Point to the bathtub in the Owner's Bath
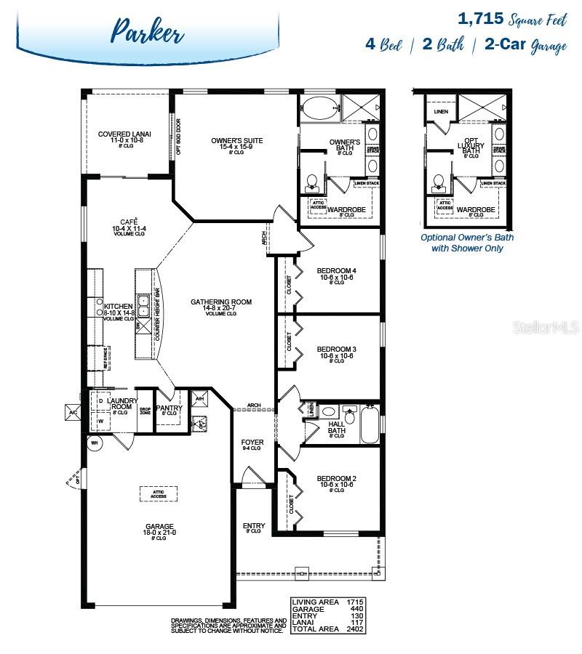[319, 110]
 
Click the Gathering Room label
[220, 306]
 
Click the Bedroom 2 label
[336, 483]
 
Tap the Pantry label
[169, 409]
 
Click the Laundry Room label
[119, 403]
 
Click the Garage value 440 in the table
[356, 608]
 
